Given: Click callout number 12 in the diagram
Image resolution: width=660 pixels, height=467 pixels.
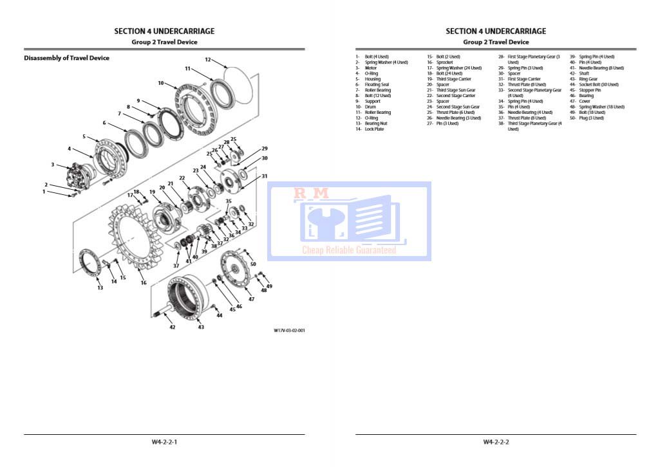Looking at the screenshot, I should point(208,59).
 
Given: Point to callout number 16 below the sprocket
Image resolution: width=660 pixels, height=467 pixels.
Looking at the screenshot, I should point(144,282).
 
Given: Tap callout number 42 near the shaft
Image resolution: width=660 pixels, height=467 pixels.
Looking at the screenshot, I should point(172,327).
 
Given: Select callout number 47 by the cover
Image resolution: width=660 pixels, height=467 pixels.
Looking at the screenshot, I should point(252,299).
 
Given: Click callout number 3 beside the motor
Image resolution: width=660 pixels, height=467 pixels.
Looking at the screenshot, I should point(53,165).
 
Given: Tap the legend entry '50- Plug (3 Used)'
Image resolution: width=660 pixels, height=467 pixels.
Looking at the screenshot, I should point(587,118).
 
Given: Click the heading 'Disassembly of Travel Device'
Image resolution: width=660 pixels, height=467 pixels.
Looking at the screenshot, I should point(66,58).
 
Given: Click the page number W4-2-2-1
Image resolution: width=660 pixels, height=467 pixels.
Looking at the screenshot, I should point(164,442).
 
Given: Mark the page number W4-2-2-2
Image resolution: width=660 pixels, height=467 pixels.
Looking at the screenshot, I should point(496,442).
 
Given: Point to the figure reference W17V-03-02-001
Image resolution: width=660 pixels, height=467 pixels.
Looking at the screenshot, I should point(289,331).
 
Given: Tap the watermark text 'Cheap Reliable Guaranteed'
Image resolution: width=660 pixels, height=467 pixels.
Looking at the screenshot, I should point(349,250).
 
